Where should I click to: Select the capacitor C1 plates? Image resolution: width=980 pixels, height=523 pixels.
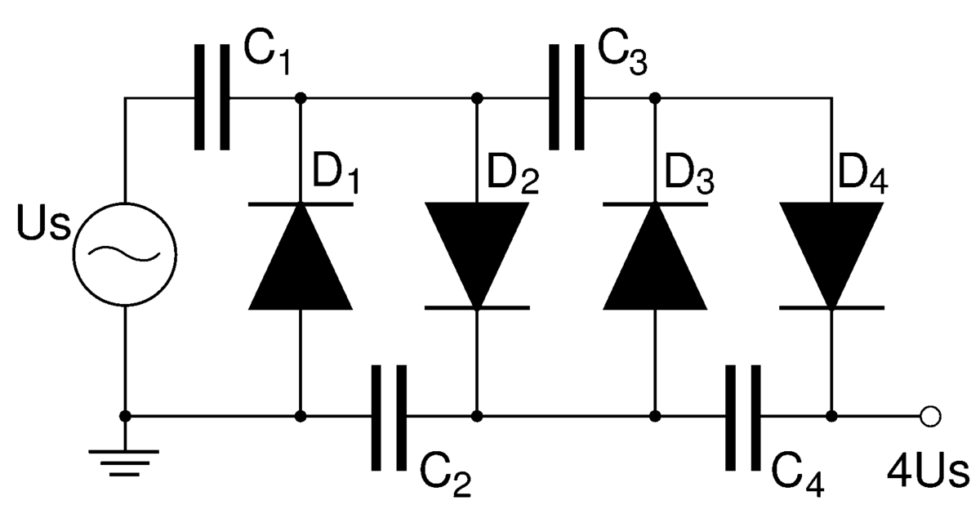coord(212,97)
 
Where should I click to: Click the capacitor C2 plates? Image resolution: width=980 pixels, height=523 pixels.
coord(389,417)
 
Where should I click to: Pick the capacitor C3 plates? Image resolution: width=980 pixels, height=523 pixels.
coord(566,97)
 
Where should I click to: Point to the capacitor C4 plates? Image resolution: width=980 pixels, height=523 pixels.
coord(743,417)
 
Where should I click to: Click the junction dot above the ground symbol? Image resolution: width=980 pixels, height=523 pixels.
coord(125,417)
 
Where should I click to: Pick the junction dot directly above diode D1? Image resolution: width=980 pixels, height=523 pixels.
coord(301,98)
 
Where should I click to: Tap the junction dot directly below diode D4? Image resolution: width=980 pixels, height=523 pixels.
coord(831,417)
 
